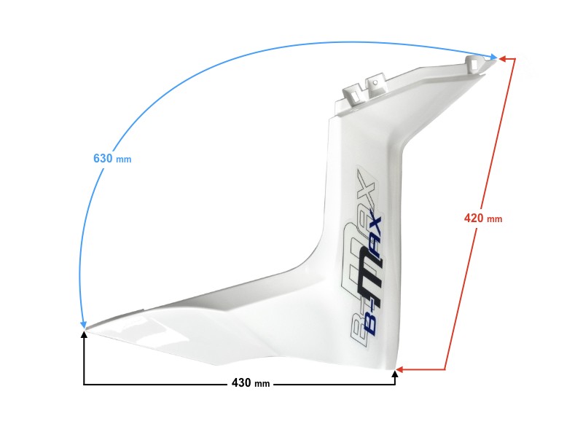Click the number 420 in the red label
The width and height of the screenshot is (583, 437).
[x=474, y=217]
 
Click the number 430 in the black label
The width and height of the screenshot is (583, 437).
[x=241, y=383]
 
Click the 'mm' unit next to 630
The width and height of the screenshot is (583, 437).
[x=124, y=160]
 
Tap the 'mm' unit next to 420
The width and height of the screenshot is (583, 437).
[x=495, y=219]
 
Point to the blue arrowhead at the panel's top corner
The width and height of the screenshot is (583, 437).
[x=493, y=57]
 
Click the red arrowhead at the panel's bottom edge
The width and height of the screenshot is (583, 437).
[x=400, y=370]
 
